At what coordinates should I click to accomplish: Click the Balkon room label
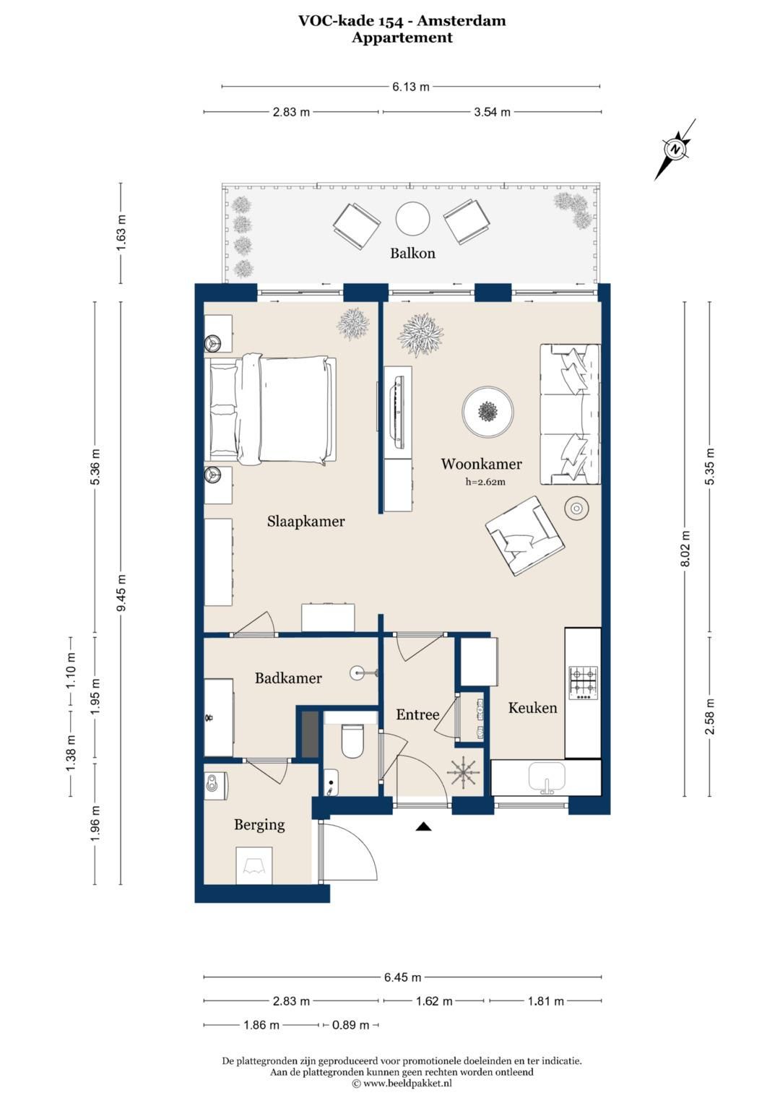point(412,253)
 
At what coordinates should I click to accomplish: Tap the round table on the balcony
point(412,219)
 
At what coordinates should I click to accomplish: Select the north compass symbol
point(675,150)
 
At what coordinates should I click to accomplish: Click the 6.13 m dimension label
point(411,87)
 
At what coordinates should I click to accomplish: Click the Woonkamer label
point(481,464)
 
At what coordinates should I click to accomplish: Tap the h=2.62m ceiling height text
point(485,482)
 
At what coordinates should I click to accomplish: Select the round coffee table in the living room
point(487,412)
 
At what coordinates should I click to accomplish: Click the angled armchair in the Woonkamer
point(525,535)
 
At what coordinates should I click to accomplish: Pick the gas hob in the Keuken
point(584,683)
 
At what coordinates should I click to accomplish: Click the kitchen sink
point(547,777)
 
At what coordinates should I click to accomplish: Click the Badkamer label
point(288,678)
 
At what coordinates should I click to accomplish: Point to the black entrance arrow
point(423,826)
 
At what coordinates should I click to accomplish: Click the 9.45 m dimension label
point(121,592)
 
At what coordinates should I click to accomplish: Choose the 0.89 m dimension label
point(350,1025)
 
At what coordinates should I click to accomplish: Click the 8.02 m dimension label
point(685,548)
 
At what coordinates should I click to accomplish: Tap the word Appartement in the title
point(402,38)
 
